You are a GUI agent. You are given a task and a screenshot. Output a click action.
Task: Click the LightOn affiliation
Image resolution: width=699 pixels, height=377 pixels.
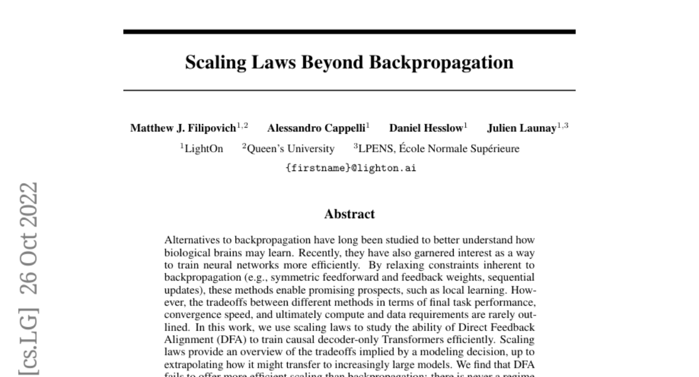coord(203,149)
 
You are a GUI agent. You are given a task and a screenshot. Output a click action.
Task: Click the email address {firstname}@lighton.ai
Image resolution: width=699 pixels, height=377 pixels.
coord(349,168)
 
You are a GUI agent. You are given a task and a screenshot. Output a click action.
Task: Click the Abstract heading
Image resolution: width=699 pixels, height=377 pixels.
coord(349,214)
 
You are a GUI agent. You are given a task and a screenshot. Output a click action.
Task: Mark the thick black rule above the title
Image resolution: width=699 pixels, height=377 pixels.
coord(349,31)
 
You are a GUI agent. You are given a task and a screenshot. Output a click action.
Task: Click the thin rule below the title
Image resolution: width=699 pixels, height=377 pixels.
coord(349,90)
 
